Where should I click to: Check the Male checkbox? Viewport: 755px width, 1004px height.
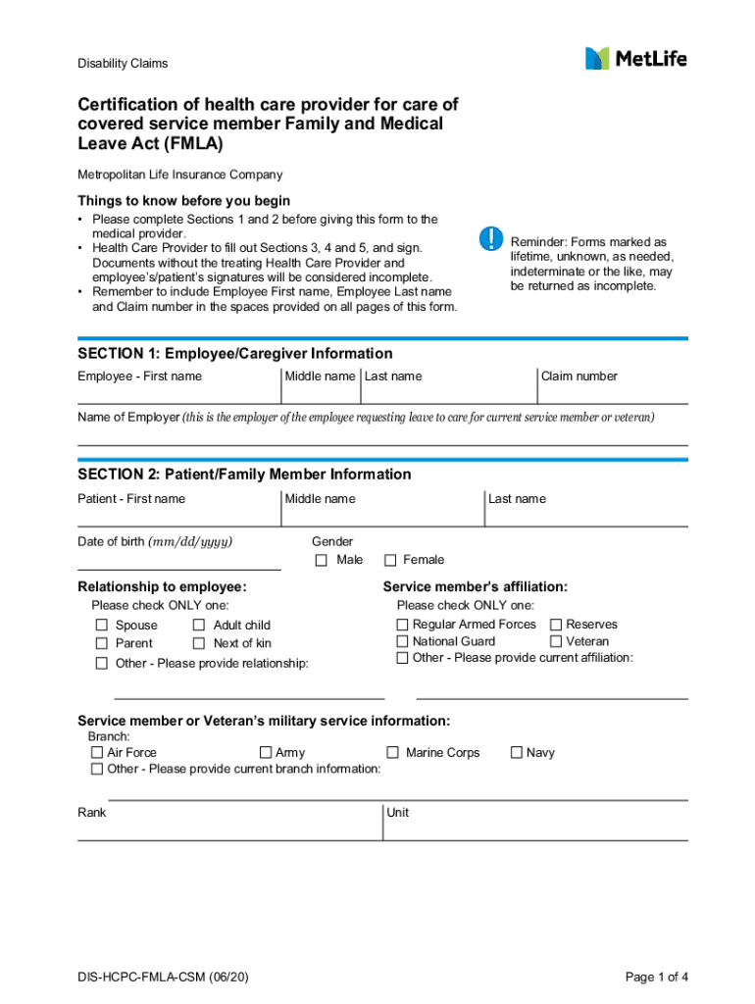321,561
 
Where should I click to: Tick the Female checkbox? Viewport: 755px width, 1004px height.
389,561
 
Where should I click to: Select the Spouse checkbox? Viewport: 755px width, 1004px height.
102,626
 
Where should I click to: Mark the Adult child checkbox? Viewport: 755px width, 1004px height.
199,626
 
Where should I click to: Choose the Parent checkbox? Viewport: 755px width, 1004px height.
102,644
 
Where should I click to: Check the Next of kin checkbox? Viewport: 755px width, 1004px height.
199,644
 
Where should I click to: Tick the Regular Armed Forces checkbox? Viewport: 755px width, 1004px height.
402,625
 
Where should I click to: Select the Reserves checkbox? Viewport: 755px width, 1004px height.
556,625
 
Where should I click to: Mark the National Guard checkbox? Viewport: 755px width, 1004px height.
402,641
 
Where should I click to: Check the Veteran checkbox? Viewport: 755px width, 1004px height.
556,641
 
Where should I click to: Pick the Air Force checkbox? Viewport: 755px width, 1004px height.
97,753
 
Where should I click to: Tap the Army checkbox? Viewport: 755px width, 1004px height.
266,753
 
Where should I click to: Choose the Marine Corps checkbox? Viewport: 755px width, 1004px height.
392,753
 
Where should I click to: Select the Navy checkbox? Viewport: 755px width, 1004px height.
517,753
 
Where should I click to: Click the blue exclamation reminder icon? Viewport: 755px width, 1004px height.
490,238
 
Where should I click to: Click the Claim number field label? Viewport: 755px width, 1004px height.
579,376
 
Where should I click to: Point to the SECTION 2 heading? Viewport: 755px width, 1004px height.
244,475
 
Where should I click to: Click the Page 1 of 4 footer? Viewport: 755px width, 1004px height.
657,977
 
